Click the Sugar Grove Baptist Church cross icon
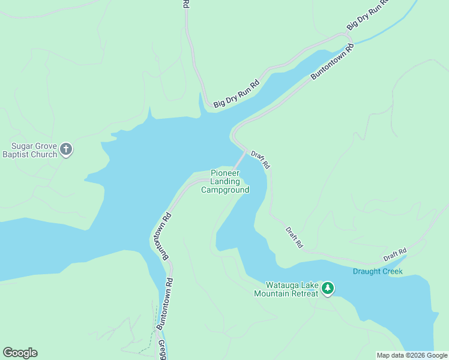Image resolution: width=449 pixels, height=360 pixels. click(x=66, y=149)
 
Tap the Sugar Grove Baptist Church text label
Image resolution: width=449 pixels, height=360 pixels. click(x=34, y=149)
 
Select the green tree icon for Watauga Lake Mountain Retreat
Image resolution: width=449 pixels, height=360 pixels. click(x=328, y=289)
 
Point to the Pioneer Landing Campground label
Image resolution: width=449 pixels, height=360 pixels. click(x=225, y=182)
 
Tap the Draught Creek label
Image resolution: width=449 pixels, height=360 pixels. click(x=377, y=271)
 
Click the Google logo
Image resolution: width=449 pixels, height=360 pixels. click(x=20, y=353)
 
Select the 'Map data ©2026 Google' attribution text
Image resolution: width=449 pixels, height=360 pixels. click(x=412, y=355)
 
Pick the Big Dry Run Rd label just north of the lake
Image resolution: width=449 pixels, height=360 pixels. click(x=237, y=94)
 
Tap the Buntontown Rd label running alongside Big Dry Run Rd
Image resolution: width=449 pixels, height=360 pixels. click(x=332, y=62)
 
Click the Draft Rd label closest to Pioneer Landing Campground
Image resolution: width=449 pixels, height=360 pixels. click(x=261, y=159)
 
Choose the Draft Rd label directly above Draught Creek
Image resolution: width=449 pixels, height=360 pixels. click(x=395, y=254)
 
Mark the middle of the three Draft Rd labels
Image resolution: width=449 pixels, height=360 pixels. click(x=295, y=238)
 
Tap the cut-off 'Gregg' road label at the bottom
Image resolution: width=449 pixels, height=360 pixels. click(x=162, y=350)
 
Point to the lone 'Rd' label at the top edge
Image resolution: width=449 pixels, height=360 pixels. click(x=186, y=4)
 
